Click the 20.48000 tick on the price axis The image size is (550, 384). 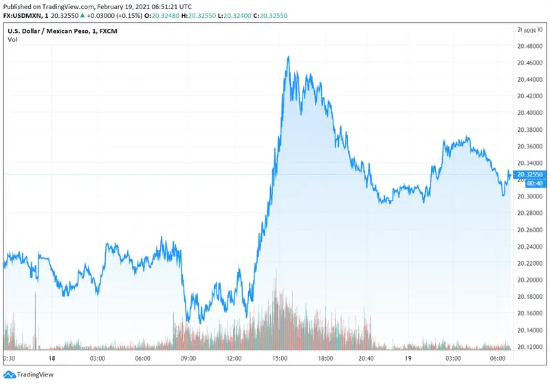[x=529, y=46]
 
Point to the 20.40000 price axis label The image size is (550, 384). [x=529, y=113]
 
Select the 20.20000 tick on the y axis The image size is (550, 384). [x=529, y=280]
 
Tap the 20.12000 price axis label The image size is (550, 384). [x=529, y=347]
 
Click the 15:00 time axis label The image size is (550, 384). [x=278, y=359]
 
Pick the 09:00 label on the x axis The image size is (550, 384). [x=188, y=359]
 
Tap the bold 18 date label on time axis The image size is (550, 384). [x=52, y=359]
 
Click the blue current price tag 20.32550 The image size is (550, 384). [x=529, y=174]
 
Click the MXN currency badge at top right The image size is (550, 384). [x=529, y=30]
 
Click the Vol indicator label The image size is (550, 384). [x=12, y=40]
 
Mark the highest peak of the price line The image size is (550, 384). [x=288, y=56]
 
